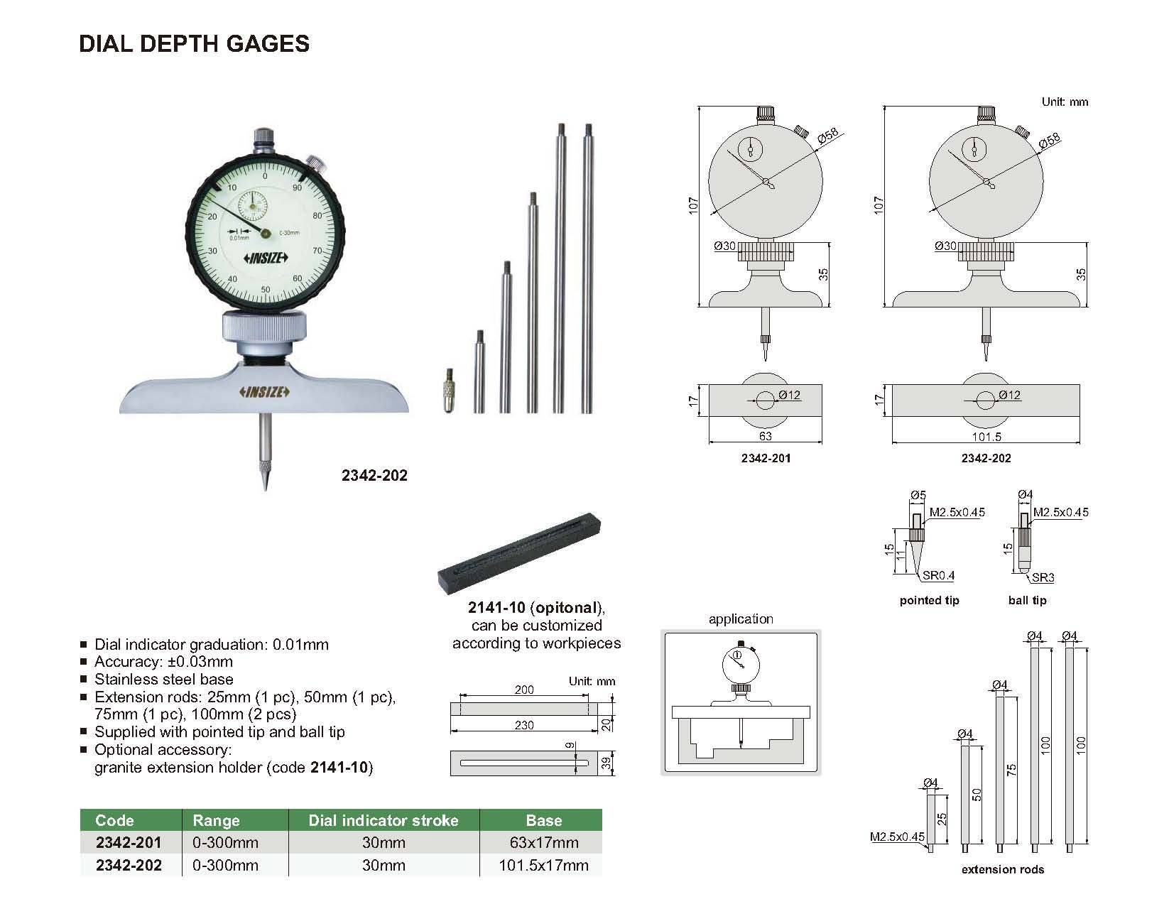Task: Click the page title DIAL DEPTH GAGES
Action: coord(194,44)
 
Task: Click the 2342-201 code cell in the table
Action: coord(129,842)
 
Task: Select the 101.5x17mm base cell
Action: coord(543,865)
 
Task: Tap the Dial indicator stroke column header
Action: coord(384,820)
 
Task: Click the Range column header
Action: coord(216,820)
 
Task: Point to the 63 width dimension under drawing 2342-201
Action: coord(765,435)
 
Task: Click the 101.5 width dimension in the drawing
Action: coord(986,436)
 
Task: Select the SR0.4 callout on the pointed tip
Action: coord(939,575)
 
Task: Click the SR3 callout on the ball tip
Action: coord(1043,577)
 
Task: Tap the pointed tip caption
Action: coord(930,600)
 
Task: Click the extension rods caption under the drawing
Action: coord(1003,869)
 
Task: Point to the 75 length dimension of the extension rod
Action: coord(1011,770)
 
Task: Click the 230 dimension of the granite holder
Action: coord(524,725)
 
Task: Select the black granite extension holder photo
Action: coord(519,553)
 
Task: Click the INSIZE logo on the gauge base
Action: coord(264,391)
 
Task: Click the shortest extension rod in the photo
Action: coord(479,371)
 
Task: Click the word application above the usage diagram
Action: coord(741,619)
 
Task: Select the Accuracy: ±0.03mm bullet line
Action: coord(163,661)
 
